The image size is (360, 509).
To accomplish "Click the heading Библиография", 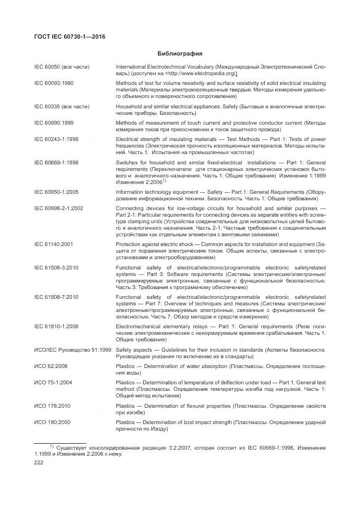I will [180, 54].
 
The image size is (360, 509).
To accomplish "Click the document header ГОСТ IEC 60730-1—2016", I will [70, 37].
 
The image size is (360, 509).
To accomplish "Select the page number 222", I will [39, 462].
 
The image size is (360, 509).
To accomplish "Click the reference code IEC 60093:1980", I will [54, 83].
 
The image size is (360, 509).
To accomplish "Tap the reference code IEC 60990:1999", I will [54, 124].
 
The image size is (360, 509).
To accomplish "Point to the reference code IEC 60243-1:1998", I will [56, 139].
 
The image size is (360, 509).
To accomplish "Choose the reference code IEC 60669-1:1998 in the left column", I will [56, 162].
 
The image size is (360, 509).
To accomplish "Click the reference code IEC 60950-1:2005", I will [56, 193].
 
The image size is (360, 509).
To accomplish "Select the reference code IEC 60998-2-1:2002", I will [58, 208].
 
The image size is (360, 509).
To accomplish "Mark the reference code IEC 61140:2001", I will [53, 244].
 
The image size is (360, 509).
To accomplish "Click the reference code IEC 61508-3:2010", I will [56, 267].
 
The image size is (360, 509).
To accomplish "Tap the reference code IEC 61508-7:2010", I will [56, 297].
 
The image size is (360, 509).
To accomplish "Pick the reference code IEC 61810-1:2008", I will [56, 327].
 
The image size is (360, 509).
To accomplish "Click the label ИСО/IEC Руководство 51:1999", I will [72, 349].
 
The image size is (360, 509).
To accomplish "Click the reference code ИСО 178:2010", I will [53, 406].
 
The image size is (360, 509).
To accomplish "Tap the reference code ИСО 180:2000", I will [53, 422].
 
